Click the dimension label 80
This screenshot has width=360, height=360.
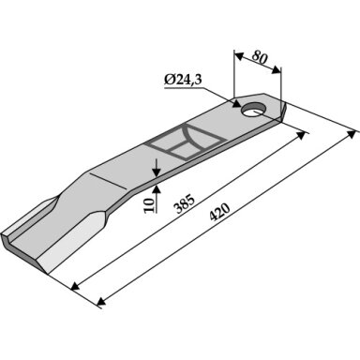(261, 58)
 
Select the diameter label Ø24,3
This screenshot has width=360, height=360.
(183, 80)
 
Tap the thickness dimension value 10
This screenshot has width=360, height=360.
(150, 205)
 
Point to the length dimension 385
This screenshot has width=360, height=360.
(186, 204)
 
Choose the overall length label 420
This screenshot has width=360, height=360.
(219, 212)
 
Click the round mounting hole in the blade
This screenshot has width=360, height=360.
(253, 109)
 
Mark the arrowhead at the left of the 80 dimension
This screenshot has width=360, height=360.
(239, 56)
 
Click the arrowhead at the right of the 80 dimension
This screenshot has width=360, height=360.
(277, 70)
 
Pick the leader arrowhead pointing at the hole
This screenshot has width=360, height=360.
(236, 103)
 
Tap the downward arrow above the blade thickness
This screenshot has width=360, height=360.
(157, 168)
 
